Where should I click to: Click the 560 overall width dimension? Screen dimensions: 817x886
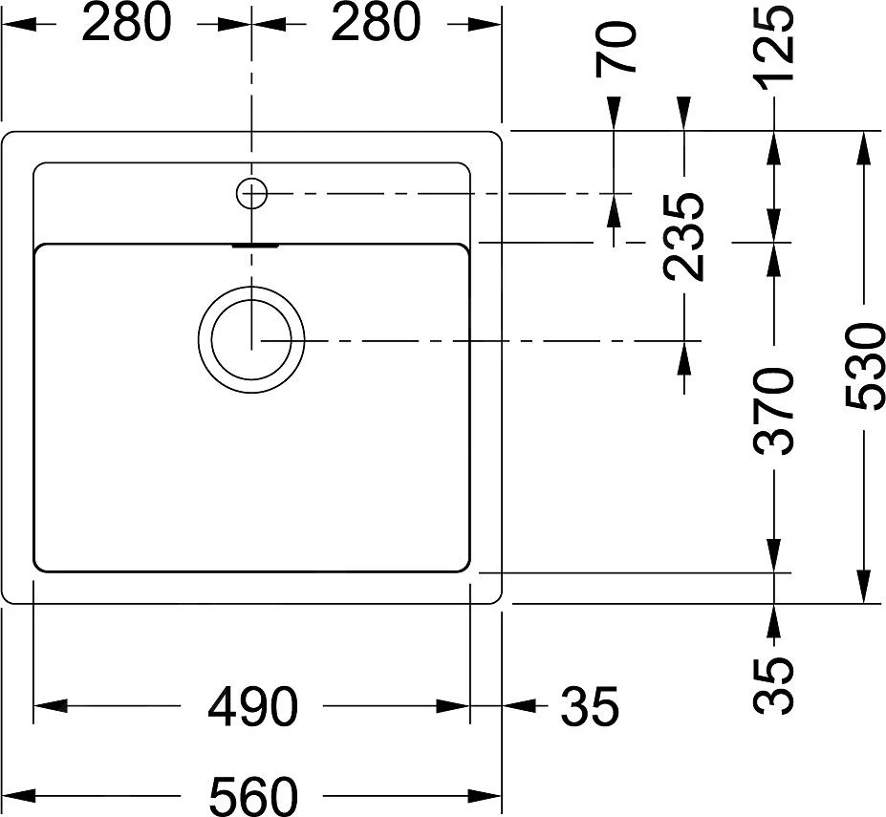(x=252, y=795)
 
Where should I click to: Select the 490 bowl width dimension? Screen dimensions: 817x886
(x=252, y=707)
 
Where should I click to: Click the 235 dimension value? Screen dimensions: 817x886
(x=684, y=237)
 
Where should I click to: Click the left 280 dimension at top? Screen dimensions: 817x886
(x=125, y=23)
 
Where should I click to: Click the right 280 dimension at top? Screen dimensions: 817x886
(x=375, y=23)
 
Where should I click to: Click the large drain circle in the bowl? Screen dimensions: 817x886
(x=252, y=340)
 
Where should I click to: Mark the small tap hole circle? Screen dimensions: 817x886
(x=251, y=194)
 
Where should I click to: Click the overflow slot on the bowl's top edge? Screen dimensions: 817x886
(x=253, y=245)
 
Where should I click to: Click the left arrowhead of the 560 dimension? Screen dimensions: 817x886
(x=19, y=795)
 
